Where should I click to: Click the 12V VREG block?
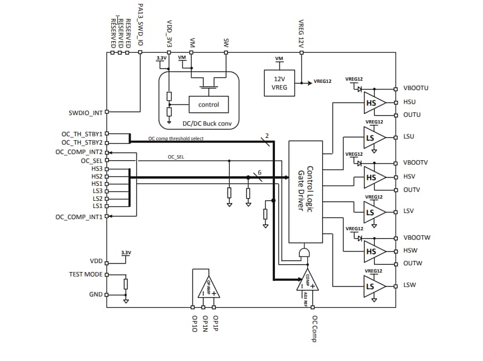[x=279, y=83]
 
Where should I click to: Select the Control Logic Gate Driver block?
[x=305, y=191]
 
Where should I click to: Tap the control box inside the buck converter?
[x=209, y=105]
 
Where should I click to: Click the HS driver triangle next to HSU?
[x=373, y=103]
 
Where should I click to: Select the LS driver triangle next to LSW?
[x=373, y=286]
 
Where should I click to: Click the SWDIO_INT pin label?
[x=85, y=113]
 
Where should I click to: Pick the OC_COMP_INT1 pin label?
[x=78, y=217]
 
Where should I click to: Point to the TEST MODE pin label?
[x=86, y=274]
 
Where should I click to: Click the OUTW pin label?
[x=412, y=263]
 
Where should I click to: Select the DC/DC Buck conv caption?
[x=199, y=123]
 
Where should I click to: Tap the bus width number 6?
[x=259, y=172]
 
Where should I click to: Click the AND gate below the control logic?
[x=304, y=253]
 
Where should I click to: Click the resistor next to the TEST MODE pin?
[x=126, y=284]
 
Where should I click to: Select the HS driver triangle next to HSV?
[x=373, y=177]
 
